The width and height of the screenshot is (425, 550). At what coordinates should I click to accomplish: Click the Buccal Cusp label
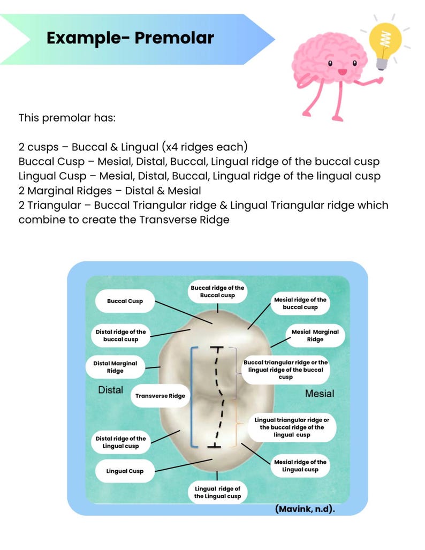[x=125, y=301]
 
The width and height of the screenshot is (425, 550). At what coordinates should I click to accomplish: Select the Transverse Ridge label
[x=160, y=396]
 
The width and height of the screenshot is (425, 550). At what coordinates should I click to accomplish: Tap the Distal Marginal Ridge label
[x=115, y=367]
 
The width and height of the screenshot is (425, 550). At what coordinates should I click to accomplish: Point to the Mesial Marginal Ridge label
[x=315, y=335]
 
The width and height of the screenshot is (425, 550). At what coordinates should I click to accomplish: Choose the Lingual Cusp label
[x=125, y=471]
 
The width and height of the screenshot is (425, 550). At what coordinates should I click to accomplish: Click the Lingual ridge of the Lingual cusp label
[x=217, y=492]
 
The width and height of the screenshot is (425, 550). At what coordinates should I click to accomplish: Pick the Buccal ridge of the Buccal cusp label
[x=217, y=291]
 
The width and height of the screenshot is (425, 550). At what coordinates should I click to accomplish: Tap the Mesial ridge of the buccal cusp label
[x=300, y=303]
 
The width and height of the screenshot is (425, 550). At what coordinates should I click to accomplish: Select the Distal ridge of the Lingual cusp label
[x=120, y=442]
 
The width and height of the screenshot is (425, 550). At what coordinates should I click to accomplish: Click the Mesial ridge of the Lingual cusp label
[x=300, y=465]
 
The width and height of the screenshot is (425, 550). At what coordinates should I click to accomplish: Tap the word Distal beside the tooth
[x=110, y=390]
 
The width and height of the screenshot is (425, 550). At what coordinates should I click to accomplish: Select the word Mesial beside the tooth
[x=320, y=394]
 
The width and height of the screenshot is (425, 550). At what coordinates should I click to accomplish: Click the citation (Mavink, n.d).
[x=305, y=509]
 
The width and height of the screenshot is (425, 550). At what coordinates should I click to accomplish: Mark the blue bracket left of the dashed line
[x=191, y=396]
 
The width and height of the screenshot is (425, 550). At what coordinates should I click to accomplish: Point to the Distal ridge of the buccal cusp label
[x=120, y=335]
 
